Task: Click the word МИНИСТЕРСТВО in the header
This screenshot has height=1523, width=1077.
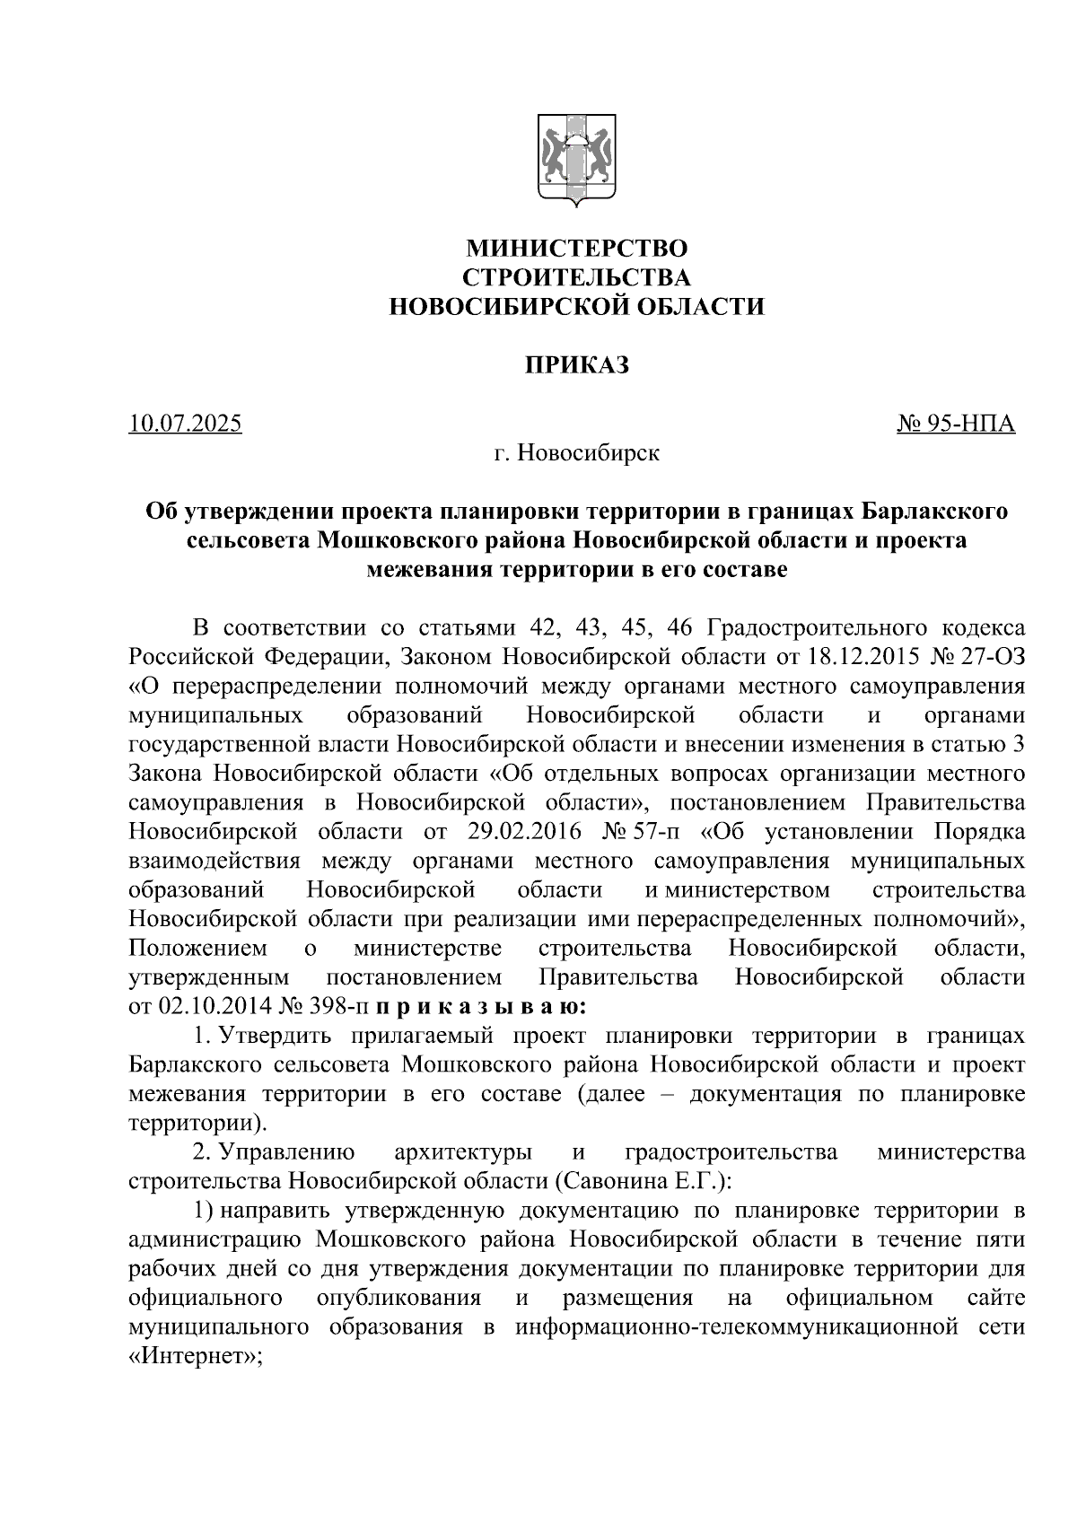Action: [x=576, y=248]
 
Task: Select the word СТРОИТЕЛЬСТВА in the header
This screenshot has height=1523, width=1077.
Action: [x=576, y=277]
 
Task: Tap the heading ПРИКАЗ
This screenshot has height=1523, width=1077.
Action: [x=576, y=365]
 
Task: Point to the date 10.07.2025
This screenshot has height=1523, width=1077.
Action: [x=185, y=423]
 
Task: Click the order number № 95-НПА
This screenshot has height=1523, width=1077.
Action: [x=956, y=423]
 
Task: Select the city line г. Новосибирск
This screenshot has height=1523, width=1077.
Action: [x=576, y=453]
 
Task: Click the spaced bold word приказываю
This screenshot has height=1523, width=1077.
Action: [x=482, y=1006]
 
